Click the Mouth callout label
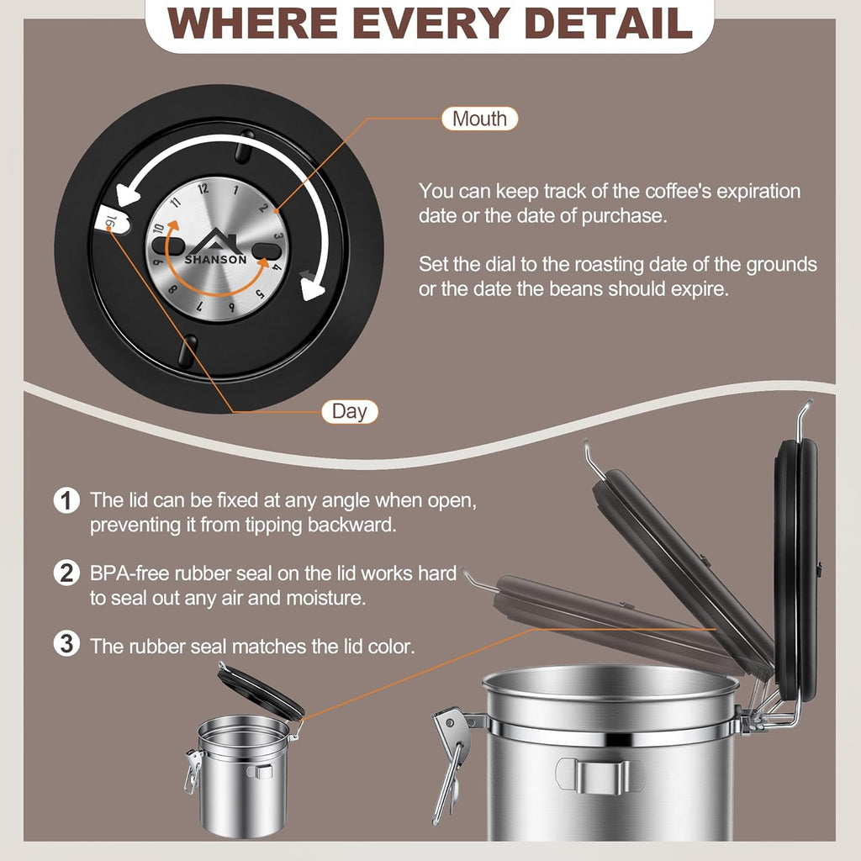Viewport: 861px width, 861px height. tap(479, 119)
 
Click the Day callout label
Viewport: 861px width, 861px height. tap(349, 411)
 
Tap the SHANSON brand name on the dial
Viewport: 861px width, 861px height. tap(215, 259)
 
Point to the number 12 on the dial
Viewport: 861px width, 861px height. tap(203, 189)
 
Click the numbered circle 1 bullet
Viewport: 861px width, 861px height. tap(66, 500)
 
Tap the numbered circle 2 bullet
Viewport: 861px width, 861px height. tap(66, 573)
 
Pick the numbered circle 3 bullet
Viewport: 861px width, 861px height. tap(66, 644)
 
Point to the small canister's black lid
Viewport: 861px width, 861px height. tap(261, 691)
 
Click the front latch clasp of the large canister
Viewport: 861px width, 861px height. tap(452, 764)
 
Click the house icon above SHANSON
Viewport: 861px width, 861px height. tap(217, 241)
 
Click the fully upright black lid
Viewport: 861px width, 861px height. tap(796, 571)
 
